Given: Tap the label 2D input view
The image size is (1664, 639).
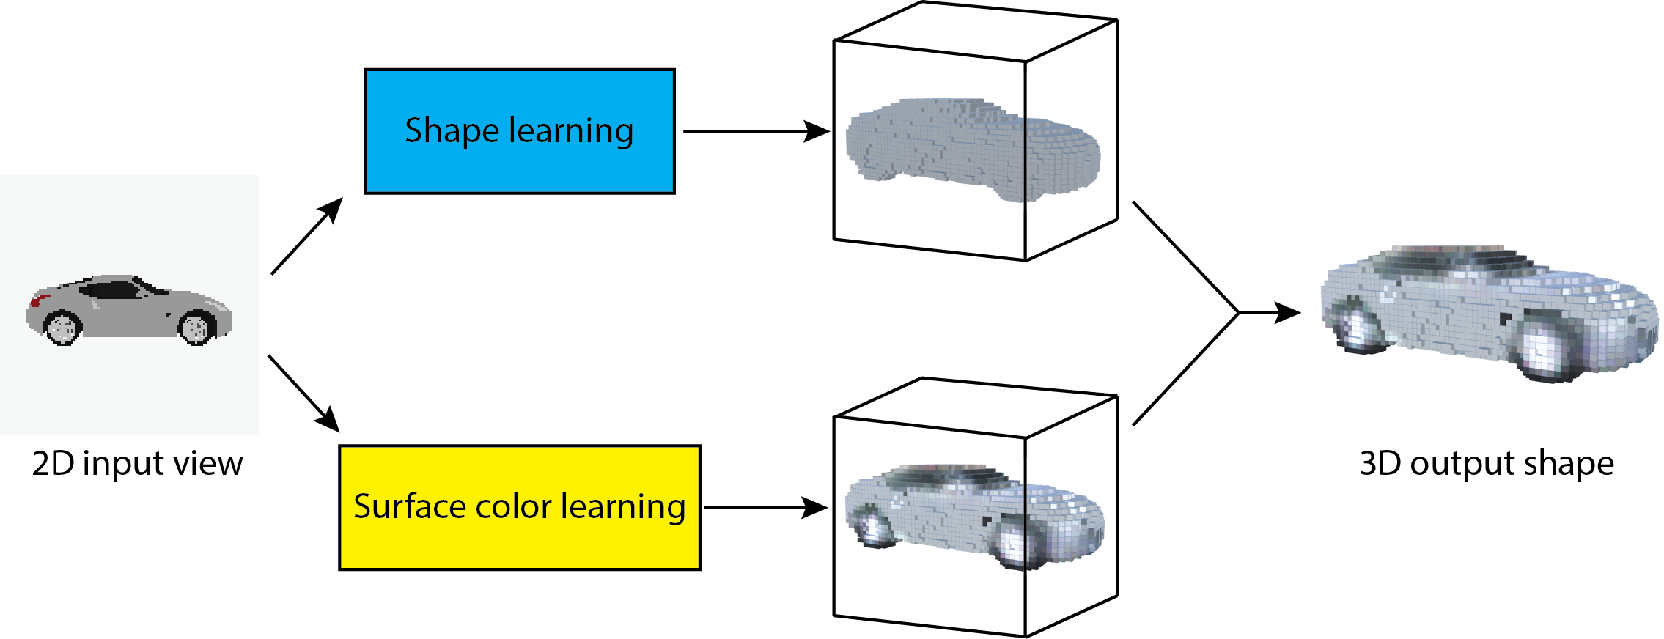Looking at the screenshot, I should pyautogui.click(x=137, y=463).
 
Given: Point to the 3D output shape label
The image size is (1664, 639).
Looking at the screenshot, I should pyautogui.click(x=1486, y=463).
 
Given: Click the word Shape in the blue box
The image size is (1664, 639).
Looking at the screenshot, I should pyautogui.click(x=452, y=131).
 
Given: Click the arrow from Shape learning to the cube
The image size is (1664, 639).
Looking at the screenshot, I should pyautogui.click(x=755, y=131).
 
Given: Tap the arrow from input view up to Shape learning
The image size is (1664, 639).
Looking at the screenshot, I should pyautogui.click(x=306, y=237).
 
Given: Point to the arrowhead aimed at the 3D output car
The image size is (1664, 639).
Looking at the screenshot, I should pyautogui.click(x=1286, y=313).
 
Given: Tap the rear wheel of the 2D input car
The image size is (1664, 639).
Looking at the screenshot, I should pyautogui.click(x=62, y=327).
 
